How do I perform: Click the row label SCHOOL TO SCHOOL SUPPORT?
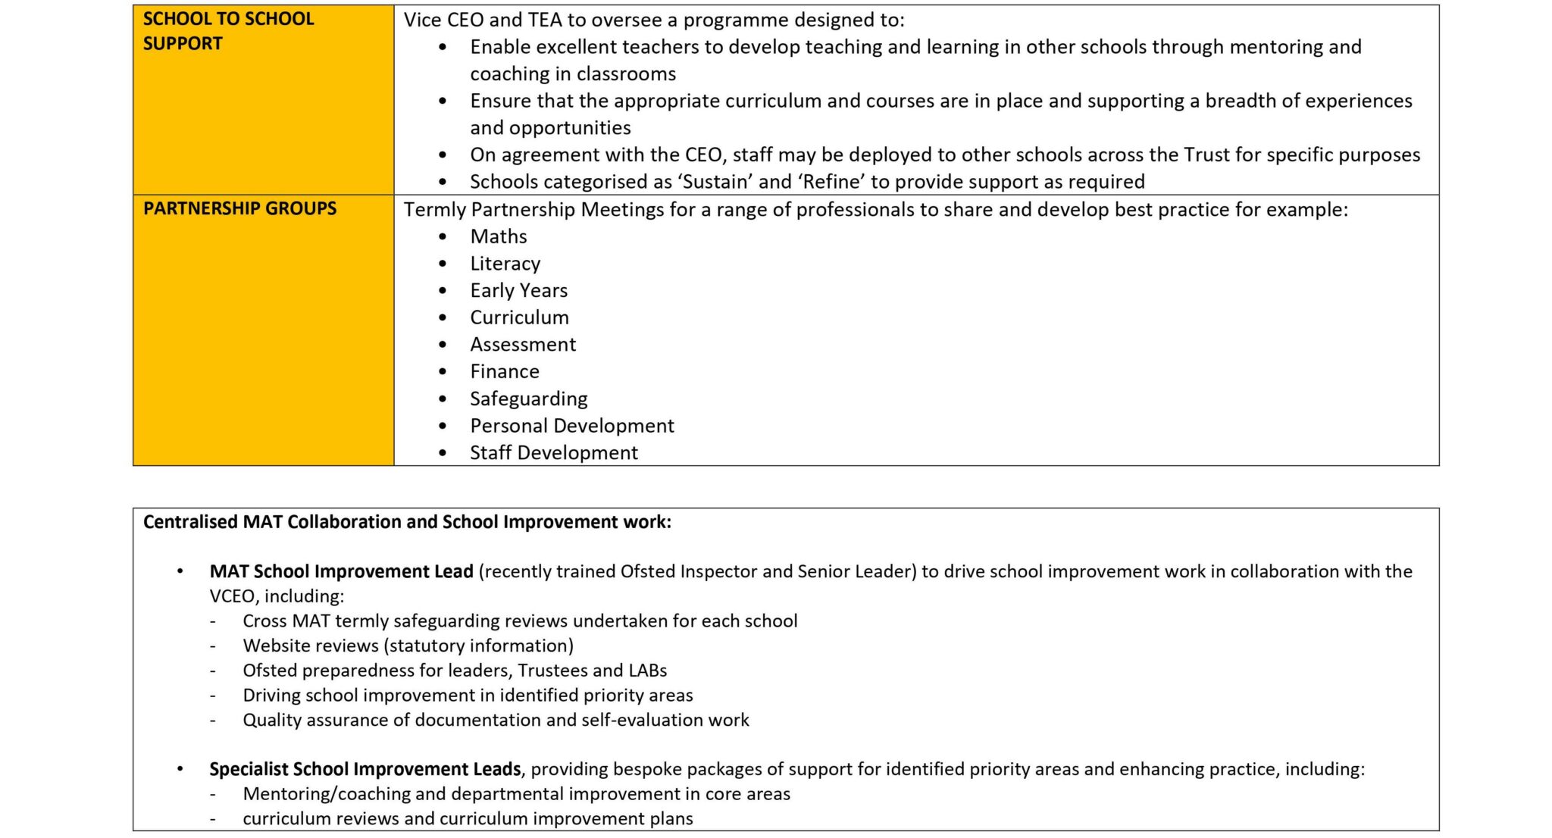[x=227, y=31]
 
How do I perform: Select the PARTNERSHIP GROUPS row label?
[x=239, y=208]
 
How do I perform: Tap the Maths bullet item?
[x=498, y=236]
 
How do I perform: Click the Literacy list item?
[x=505, y=264]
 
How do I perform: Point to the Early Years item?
[x=518, y=290]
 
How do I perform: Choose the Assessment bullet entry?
[x=523, y=345]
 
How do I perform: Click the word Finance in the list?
[x=505, y=371]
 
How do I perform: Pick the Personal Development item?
[x=571, y=426]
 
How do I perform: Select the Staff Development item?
[x=553, y=453]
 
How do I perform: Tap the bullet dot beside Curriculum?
[x=443, y=318]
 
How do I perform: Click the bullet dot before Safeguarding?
[x=443, y=399]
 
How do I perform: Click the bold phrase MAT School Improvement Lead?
[x=341, y=571]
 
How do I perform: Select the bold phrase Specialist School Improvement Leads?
[x=365, y=769]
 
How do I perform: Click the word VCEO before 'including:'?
[x=231, y=596]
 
